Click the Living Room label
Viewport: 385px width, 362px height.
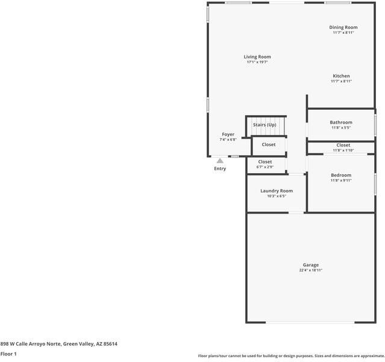point(257,57)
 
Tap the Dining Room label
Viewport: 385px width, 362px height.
point(343,27)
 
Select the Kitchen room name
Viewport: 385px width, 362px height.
point(341,76)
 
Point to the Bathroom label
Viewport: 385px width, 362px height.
point(341,122)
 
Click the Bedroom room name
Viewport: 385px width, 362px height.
point(340,175)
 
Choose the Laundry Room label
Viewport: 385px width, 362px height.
point(277,191)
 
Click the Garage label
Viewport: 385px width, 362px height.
point(311,265)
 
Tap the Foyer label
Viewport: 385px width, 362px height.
point(228,135)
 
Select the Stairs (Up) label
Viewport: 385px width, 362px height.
point(264,125)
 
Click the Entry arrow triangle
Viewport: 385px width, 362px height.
point(221,160)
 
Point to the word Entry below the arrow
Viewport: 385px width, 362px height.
point(220,168)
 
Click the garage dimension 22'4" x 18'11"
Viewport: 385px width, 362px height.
point(311,270)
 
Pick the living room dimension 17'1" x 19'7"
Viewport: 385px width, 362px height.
point(257,62)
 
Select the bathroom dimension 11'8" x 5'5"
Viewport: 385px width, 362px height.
point(341,128)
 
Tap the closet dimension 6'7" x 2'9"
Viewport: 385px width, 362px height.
point(265,167)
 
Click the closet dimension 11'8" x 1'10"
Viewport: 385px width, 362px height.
point(343,150)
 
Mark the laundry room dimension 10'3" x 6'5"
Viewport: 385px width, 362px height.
point(277,196)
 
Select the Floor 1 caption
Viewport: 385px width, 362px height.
point(8,354)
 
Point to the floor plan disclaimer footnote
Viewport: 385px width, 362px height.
point(290,356)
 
